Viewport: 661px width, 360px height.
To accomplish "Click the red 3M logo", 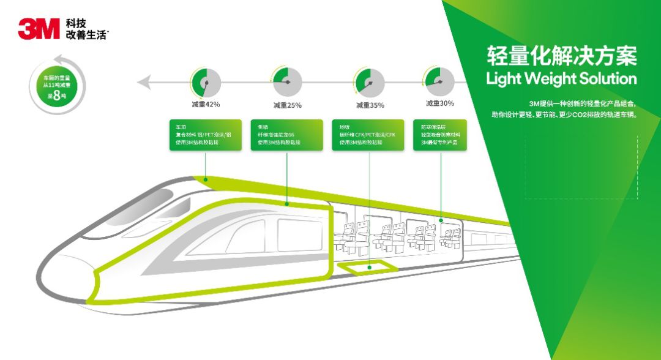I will [39, 29].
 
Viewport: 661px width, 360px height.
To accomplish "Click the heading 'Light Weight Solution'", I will [561, 79].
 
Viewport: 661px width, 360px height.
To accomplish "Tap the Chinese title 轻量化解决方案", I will [561, 56].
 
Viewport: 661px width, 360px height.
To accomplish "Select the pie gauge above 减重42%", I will [206, 82].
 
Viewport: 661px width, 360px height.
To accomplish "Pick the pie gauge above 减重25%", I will [287, 82].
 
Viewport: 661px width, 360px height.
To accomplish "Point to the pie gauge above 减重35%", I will [370, 82].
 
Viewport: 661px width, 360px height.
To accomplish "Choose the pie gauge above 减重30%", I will [440, 81].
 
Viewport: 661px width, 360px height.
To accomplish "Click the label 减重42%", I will [206, 105].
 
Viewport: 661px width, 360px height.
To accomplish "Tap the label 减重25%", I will [287, 105].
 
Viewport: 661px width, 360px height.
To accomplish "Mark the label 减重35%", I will [370, 105].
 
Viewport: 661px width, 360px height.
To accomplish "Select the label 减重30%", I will [440, 103].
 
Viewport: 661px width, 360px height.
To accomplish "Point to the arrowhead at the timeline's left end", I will [142, 82].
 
